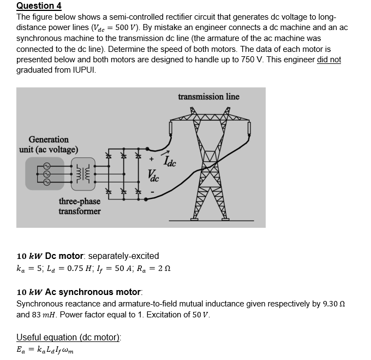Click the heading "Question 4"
click(x=39, y=6)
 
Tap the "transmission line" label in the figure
click(x=208, y=97)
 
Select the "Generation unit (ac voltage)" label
click(x=49, y=145)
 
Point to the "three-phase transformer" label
click(x=80, y=206)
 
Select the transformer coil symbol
click(x=84, y=174)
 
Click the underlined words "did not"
click(x=328, y=59)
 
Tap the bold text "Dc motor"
click(x=65, y=256)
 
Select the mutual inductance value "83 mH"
click(x=45, y=315)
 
